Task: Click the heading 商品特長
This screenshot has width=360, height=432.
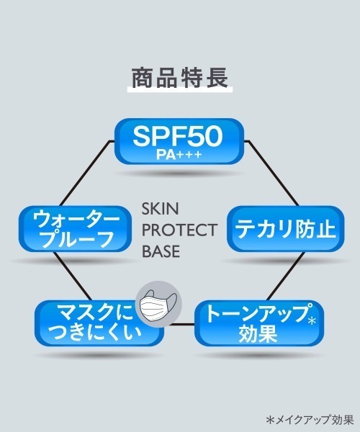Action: (179, 76)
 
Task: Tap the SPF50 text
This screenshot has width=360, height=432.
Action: (179, 134)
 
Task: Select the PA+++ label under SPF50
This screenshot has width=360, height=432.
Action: (179, 153)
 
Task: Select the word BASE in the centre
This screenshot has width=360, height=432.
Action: (162, 252)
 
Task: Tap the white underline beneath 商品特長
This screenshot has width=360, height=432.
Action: (179, 89)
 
